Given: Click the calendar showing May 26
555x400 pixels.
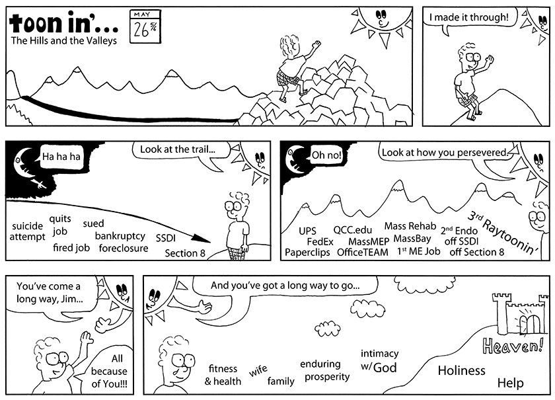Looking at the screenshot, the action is (x=145, y=26).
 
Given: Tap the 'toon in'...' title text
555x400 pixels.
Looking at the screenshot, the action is (x=63, y=23).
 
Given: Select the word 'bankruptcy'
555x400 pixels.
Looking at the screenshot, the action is (x=120, y=236).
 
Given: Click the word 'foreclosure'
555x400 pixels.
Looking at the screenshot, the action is (x=124, y=248).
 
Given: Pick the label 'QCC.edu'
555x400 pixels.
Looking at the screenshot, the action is (x=353, y=230).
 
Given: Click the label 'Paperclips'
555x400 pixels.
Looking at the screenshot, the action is (x=307, y=253).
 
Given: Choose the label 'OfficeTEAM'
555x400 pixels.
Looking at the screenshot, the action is (x=363, y=253).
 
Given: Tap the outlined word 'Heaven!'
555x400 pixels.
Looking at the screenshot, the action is (x=513, y=345).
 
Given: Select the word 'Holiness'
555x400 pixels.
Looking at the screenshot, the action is (x=462, y=370).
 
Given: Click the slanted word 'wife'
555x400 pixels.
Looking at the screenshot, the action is (x=258, y=371).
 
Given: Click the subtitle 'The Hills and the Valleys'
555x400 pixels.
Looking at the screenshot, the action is (x=63, y=41).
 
